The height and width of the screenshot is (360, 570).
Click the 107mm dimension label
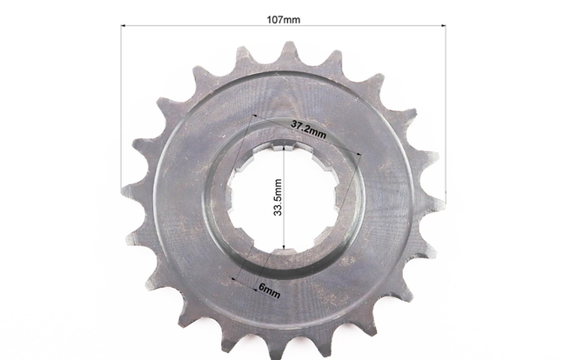[x=284, y=20]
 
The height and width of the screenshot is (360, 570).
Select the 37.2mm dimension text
[x=308, y=130]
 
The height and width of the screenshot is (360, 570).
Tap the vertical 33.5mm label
[x=278, y=197]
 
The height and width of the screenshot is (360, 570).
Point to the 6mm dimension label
[x=270, y=290]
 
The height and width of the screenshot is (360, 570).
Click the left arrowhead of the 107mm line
[x=123, y=26]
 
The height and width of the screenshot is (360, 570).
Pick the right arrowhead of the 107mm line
[x=444, y=26]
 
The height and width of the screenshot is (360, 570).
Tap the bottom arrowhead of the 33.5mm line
[x=284, y=247]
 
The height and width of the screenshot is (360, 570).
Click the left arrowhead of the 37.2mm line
[x=255, y=117]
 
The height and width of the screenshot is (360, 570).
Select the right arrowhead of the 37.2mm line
[x=359, y=154]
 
